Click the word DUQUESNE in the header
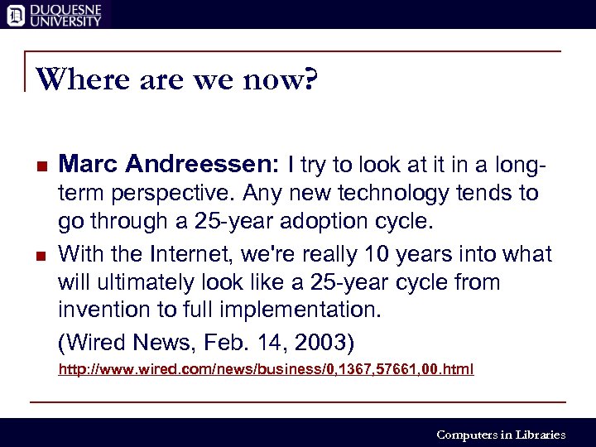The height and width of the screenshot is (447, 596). pyautogui.click(x=65, y=7)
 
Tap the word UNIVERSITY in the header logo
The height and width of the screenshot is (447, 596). pyautogui.click(x=65, y=21)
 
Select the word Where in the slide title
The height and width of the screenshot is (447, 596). pyautogui.click(x=74, y=80)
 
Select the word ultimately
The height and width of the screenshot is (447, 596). pyautogui.click(x=137, y=282)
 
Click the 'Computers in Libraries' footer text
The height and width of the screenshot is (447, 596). pyautogui.click(x=500, y=435)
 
